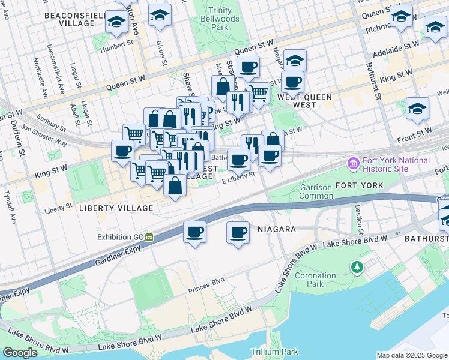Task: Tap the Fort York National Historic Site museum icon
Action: [x=353, y=163]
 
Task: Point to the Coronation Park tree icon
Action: [x=358, y=266]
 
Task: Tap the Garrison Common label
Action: [x=316, y=192]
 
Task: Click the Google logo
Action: [x=19, y=353]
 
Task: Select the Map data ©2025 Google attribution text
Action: [x=412, y=355]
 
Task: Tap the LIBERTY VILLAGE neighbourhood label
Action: [x=116, y=208]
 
